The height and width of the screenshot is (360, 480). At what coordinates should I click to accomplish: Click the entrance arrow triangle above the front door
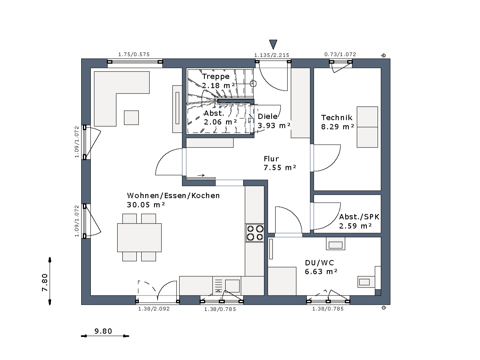(273, 44)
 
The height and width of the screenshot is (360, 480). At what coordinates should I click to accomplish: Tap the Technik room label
(337, 118)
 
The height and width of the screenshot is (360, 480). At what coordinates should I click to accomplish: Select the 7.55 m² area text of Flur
(280, 168)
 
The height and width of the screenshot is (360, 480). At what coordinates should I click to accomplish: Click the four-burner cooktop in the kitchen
(255, 232)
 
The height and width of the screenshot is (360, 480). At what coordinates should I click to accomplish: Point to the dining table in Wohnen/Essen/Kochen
(139, 237)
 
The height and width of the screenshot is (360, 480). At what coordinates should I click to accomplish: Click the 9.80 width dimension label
(103, 331)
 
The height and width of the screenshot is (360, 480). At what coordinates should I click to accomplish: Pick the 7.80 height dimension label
(45, 282)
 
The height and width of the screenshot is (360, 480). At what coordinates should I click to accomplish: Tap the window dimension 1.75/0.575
(134, 54)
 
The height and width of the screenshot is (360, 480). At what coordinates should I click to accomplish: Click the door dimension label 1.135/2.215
(272, 55)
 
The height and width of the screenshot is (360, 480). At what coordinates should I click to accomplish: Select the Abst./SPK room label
(359, 217)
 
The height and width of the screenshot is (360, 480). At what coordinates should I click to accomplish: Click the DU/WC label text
(320, 262)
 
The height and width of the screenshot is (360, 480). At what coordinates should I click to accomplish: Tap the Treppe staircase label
(216, 76)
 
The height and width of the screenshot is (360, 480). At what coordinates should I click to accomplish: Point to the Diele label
(268, 116)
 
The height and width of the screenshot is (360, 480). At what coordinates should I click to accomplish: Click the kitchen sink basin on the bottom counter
(232, 286)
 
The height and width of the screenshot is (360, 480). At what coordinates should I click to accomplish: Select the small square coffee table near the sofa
(132, 118)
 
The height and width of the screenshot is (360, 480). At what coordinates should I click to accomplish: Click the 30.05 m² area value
(146, 205)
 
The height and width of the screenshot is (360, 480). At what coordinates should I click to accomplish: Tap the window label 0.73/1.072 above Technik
(340, 54)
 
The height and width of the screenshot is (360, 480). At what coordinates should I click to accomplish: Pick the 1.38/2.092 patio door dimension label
(154, 309)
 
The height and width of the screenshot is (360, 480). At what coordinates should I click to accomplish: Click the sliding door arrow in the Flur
(201, 175)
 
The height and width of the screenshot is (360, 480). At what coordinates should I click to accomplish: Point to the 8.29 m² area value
(338, 127)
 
